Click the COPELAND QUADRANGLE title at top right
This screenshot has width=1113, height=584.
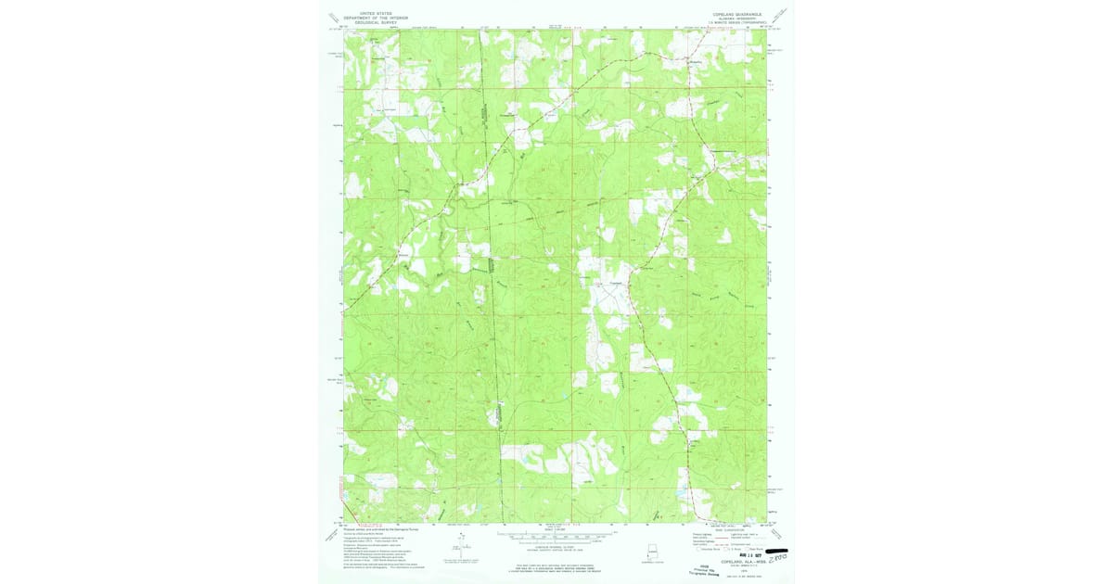click(736, 14)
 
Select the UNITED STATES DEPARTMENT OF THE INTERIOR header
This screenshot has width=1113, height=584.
click(376, 17)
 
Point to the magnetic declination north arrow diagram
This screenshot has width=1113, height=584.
click(461, 547)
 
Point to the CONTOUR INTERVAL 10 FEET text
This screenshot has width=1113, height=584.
click(556, 547)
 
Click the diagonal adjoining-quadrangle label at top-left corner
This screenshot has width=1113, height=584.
click(333, 18)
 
